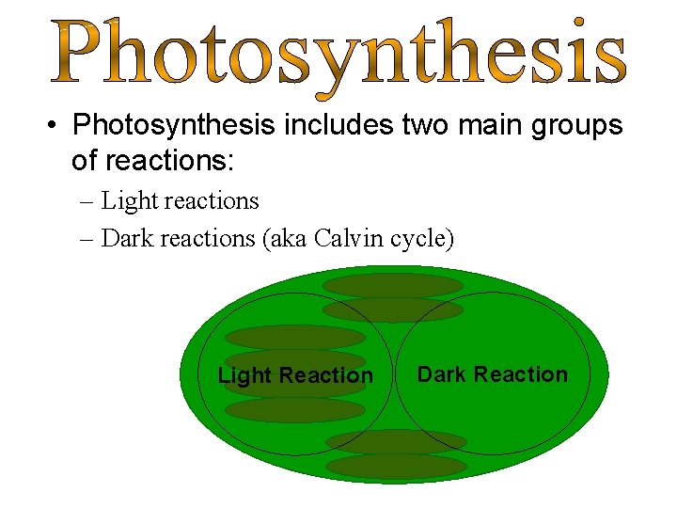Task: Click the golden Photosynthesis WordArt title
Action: point(338,55)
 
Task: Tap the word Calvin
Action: point(344,239)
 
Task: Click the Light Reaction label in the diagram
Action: point(295,376)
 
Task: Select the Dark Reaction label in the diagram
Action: point(493,374)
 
